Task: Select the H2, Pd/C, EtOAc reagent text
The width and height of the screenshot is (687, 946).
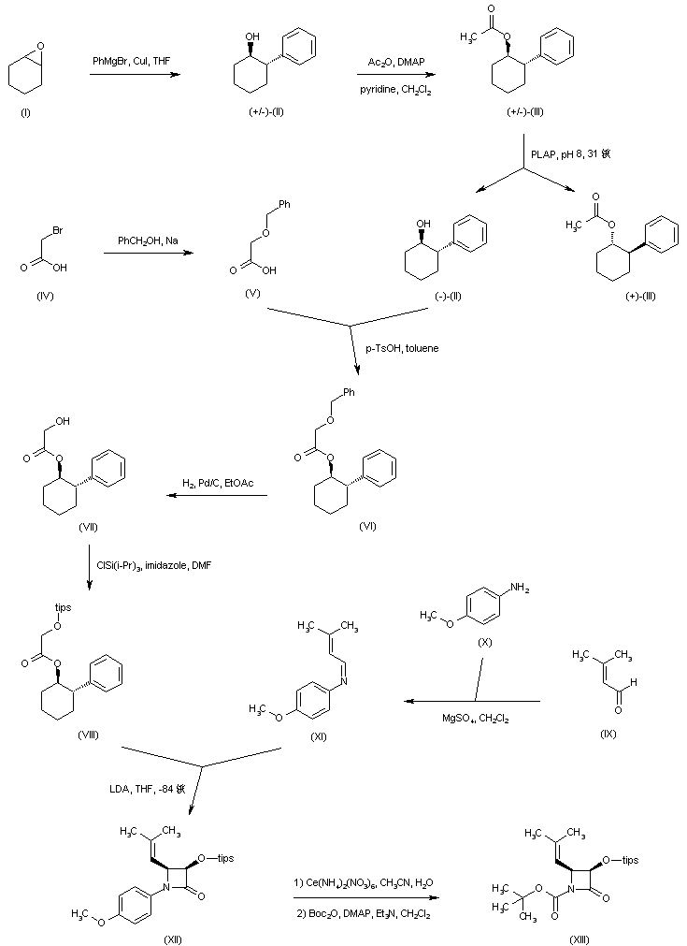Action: (218, 483)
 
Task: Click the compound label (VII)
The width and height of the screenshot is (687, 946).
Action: (89, 529)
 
